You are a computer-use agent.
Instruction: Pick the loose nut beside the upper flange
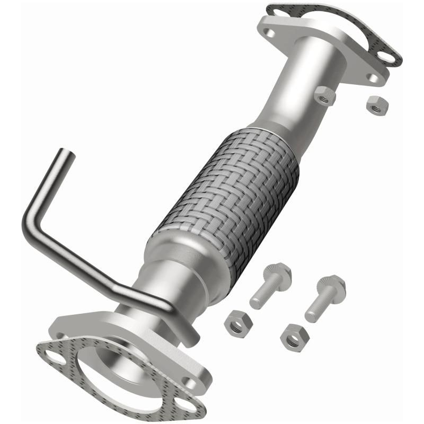(377, 105)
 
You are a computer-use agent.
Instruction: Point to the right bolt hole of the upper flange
(374, 78)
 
